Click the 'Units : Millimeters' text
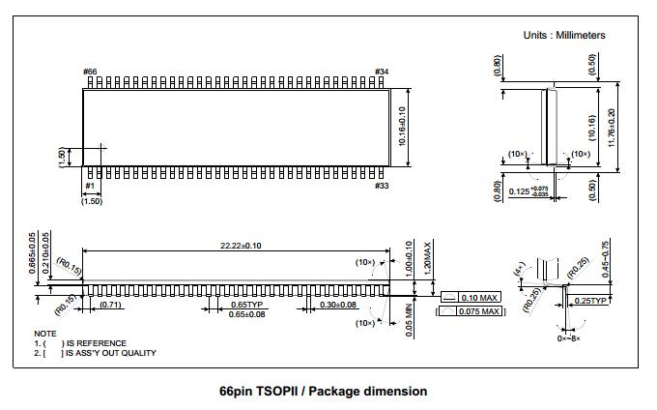coord(564,35)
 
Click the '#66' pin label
coord(90,73)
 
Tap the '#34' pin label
coord(382,73)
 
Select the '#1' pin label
coord(90,186)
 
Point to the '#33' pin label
coord(382,186)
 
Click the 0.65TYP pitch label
coord(245,305)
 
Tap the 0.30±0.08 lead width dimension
coord(337,305)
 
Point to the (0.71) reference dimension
coord(111,306)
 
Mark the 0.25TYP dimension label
coord(590,301)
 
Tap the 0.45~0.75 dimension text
coord(633,259)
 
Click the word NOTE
coord(45,334)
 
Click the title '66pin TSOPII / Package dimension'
coord(323,392)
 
